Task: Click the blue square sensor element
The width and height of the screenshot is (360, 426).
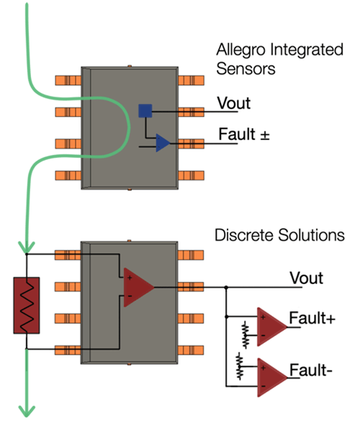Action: pos(145,110)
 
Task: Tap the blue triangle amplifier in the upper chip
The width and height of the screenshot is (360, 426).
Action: pos(163,143)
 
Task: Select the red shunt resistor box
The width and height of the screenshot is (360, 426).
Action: pos(26,301)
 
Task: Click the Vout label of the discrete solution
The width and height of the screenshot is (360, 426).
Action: pos(305,278)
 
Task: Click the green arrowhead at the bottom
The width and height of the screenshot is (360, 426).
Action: pos(26,410)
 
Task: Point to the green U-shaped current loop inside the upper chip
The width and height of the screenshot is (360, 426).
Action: pos(126,130)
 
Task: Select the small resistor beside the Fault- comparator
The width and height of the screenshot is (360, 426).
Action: pos(240,365)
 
